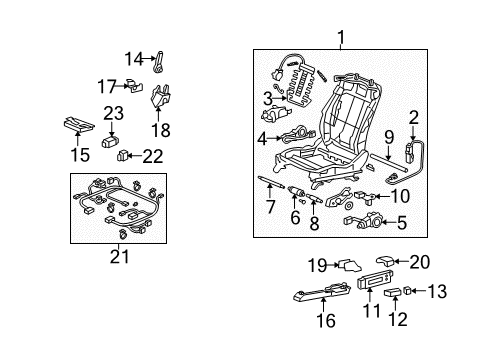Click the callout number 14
[134, 59]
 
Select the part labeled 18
[161, 96]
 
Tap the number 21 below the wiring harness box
[119, 257]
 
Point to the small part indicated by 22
[122, 155]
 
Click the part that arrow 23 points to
[110, 141]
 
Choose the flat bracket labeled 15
[79, 124]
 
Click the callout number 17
[107, 86]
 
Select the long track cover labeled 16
[322, 292]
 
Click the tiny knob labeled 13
[407, 291]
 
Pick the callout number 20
[420, 262]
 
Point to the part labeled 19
[350, 266]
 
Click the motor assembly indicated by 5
[365, 221]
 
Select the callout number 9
[389, 137]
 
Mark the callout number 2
[413, 118]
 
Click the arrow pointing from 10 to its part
[383, 196]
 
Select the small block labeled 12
[392, 293]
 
